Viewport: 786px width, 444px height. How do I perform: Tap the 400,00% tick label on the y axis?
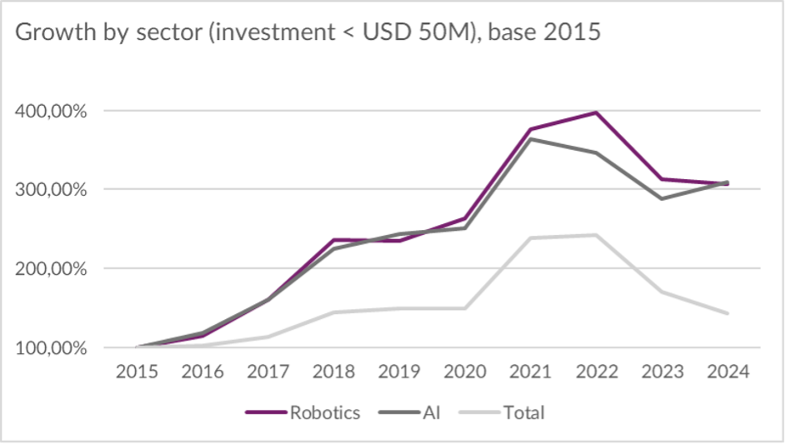click(x=51, y=111)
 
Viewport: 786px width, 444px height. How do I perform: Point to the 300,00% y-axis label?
click(x=51, y=190)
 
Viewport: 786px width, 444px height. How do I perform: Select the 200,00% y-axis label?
click(x=51, y=269)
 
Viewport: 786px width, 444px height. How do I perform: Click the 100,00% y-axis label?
click(x=51, y=348)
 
